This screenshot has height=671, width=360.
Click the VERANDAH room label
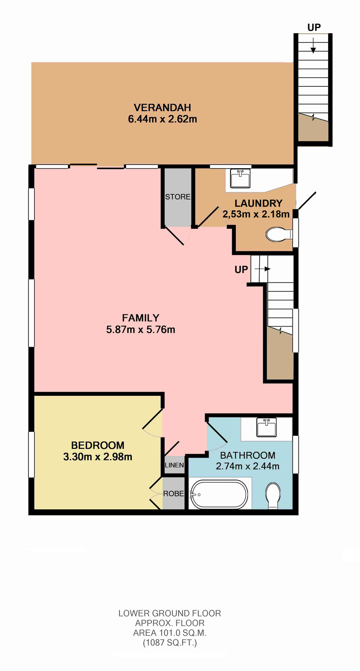[162, 107]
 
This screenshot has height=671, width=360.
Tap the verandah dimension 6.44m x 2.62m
[162, 119]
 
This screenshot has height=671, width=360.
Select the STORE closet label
[178, 197]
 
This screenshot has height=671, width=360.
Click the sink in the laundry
[240, 178]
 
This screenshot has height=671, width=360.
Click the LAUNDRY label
[258, 203]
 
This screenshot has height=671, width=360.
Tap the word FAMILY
[140, 318]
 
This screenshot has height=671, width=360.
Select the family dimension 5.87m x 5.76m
[140, 330]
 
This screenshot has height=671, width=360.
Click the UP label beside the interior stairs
[241, 269]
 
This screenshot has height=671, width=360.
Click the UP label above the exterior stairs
[314, 27]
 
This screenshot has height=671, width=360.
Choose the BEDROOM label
[98, 445]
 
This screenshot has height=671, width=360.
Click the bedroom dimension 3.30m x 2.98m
[98, 457]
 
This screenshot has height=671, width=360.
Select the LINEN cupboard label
[174, 465]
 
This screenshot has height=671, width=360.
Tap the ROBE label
[174, 493]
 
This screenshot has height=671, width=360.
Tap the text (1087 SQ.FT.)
[170, 643]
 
